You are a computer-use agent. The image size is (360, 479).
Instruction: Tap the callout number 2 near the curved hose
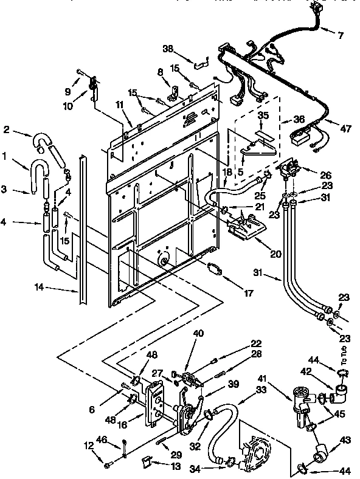click(x=7, y=129)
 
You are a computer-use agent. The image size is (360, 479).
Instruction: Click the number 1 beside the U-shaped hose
click(x=5, y=156)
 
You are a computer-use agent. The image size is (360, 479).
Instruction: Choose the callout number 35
click(x=263, y=115)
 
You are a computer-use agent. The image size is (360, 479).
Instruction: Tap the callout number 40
click(x=198, y=333)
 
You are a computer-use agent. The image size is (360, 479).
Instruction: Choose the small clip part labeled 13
click(x=146, y=461)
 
